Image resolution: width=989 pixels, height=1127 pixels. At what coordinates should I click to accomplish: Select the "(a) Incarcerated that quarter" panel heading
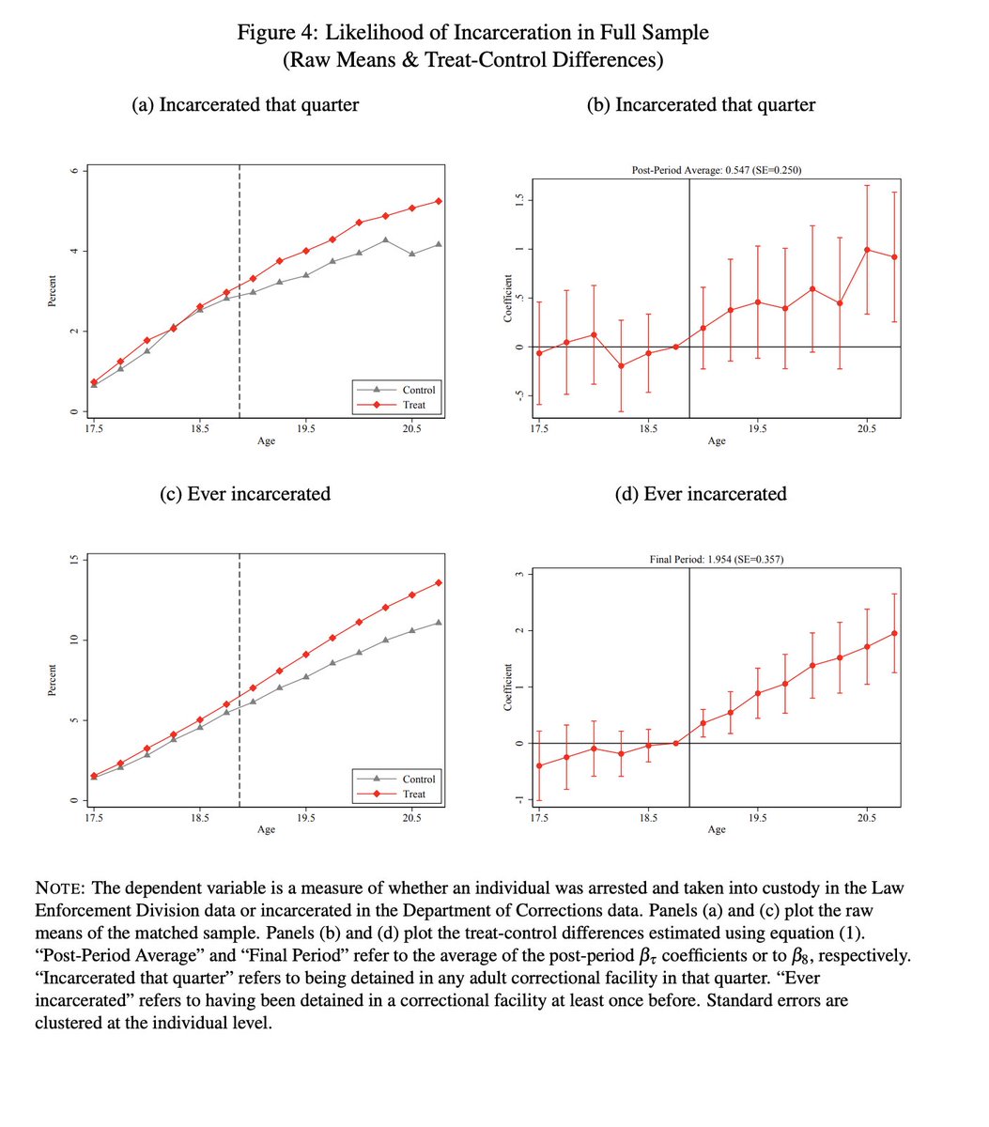(x=245, y=104)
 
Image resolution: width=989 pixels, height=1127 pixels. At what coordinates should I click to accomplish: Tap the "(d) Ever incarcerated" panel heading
(x=701, y=493)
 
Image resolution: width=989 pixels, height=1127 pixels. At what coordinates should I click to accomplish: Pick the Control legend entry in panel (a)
(x=418, y=390)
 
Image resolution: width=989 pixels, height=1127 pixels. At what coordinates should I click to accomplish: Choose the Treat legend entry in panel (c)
(x=414, y=794)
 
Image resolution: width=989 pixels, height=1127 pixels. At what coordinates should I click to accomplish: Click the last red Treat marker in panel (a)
(x=439, y=201)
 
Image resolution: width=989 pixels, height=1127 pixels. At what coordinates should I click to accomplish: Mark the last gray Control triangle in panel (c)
(x=439, y=623)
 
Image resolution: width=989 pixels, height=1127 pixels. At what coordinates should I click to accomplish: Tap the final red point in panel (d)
(x=894, y=633)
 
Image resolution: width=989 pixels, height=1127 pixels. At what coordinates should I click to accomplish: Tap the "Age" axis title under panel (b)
(x=717, y=440)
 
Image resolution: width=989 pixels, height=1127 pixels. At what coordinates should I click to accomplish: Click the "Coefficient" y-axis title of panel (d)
(x=507, y=687)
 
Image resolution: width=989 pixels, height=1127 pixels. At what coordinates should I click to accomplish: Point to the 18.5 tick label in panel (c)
(x=199, y=818)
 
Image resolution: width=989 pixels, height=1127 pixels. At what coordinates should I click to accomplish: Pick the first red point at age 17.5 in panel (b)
(x=539, y=352)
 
